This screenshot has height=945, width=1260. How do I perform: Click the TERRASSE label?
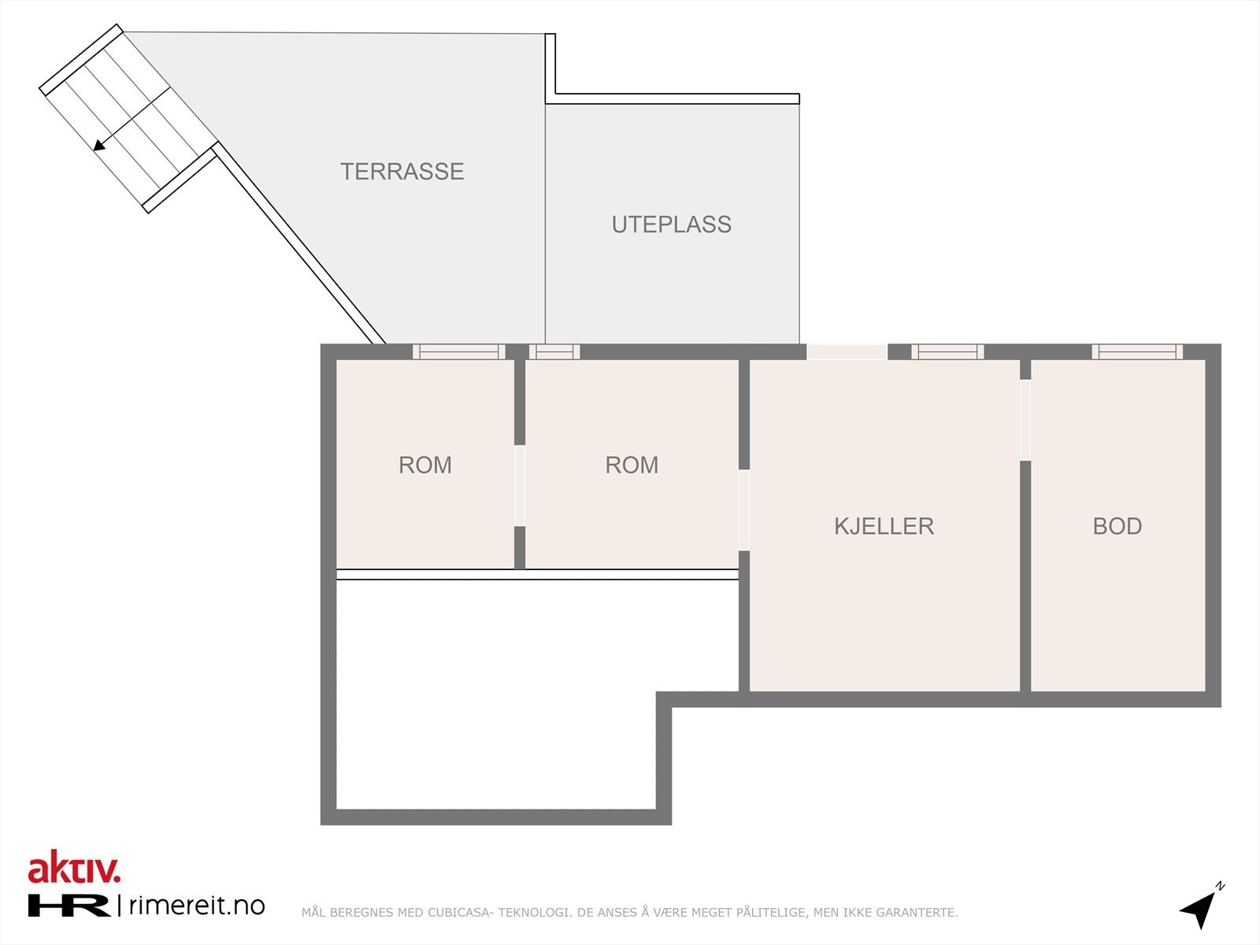coord(402,172)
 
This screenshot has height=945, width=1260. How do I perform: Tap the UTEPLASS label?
coord(671,224)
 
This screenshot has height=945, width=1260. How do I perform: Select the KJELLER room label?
coord(884,526)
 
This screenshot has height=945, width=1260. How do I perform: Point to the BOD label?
coord(1117,526)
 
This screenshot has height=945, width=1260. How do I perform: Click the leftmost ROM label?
coord(424,465)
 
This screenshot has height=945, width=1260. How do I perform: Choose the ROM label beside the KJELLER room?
coord(632,465)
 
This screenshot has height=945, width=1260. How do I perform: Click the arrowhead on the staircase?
coord(99,145)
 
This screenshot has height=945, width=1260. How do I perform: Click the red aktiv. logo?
coord(74,869)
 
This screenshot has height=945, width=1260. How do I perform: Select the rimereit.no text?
coord(196,906)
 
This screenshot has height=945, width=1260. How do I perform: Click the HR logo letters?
coord(69,906)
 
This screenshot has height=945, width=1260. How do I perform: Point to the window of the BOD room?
coord(1136,352)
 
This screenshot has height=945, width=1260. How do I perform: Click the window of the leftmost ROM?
coord(459,352)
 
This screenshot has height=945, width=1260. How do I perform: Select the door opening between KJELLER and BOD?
coord(1025,420)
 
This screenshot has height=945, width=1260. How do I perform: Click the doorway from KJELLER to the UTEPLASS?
coord(847,352)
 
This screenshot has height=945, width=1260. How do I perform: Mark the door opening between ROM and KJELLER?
coord(743,510)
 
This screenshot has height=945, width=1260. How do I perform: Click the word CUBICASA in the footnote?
coord(461,913)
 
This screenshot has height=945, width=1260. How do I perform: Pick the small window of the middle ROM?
coord(554,352)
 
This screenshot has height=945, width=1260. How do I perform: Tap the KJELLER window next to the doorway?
coord(947,352)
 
